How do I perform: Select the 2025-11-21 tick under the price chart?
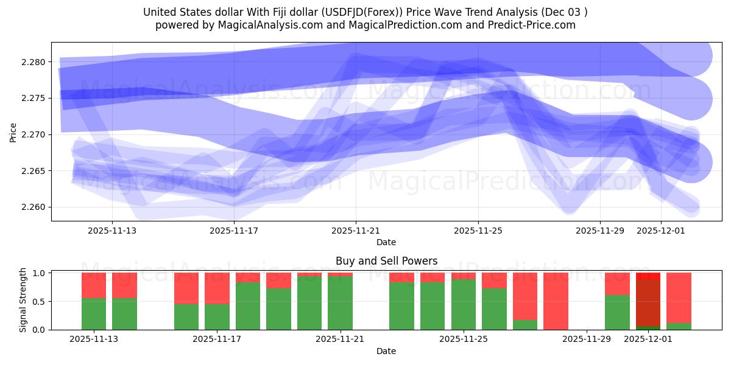[356, 231]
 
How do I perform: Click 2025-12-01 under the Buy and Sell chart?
[648, 339]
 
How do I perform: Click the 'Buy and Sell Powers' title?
[386, 261]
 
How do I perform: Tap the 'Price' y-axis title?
[13, 132]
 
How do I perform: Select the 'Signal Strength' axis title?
[23, 300]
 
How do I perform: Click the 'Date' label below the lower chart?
[386, 351]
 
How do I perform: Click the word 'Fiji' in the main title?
[294, 12]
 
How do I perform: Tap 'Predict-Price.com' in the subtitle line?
[528, 25]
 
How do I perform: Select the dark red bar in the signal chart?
[648, 301]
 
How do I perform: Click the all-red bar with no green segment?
[556, 301]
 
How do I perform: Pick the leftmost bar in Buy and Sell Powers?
[94, 301]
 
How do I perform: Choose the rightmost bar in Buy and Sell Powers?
[679, 301]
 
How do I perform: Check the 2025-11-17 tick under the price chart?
[234, 231]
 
